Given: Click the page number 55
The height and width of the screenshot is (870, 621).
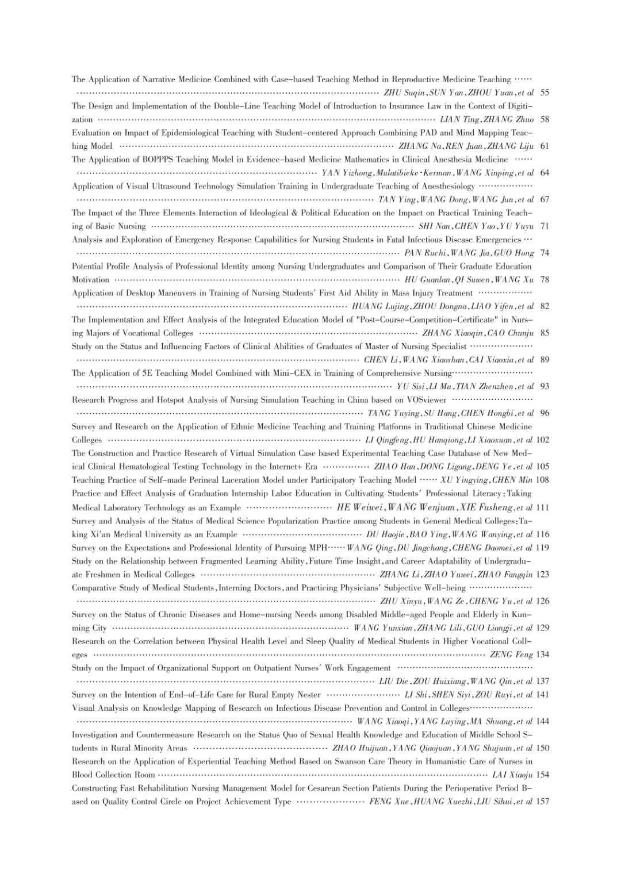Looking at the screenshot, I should click(545, 93).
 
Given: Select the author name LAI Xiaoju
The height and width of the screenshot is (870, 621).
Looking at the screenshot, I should click(513, 775).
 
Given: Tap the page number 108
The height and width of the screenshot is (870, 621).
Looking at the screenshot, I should click(542, 480).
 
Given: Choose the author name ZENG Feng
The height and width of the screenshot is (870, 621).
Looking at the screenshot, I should click(511, 655).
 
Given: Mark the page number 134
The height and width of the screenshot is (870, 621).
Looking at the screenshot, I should click(542, 655).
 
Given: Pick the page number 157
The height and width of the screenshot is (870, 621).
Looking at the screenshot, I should click(542, 802).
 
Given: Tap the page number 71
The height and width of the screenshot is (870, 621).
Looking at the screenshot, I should click(545, 226).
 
